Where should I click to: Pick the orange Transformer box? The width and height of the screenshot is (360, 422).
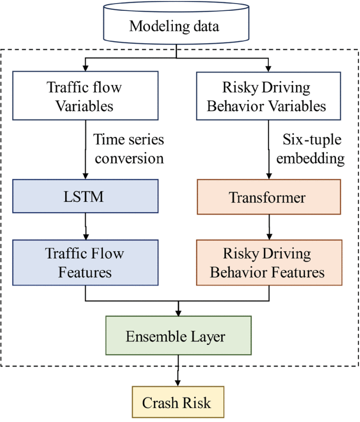click(268, 197)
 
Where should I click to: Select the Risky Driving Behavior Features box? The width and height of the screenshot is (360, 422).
click(268, 262)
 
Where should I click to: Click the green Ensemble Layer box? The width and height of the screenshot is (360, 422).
click(178, 336)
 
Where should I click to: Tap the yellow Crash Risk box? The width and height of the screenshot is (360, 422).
click(178, 402)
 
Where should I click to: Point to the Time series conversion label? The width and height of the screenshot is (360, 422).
click(129, 148)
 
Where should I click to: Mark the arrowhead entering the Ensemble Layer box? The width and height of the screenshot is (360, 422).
click(178, 313)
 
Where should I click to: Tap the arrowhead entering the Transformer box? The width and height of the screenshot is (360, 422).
click(268, 176)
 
